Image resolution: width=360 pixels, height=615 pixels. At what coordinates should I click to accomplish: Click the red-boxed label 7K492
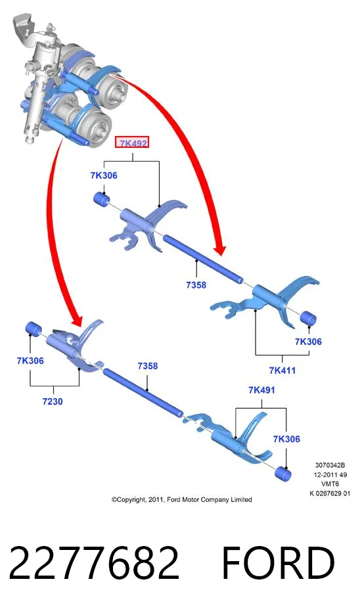pos(132,143)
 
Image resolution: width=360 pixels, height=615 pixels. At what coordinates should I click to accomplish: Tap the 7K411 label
pos(282,370)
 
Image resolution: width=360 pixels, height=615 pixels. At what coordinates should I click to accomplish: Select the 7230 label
pos(53,401)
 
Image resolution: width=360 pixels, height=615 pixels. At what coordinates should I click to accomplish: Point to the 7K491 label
pos(261,390)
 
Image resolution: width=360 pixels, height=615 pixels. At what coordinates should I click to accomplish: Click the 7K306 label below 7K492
pos(104,175)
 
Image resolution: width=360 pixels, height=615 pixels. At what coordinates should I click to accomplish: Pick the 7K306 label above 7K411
pos(308,341)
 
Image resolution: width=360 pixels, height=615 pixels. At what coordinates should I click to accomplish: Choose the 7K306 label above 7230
pos(30,361)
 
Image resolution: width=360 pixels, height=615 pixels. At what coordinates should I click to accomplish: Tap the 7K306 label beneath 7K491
pos(286,439)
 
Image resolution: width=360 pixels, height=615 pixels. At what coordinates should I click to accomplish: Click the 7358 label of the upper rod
pos(196,285)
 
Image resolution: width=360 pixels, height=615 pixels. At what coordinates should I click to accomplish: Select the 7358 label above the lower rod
pos(147,366)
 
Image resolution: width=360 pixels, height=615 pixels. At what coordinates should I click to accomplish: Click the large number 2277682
pos(94,563)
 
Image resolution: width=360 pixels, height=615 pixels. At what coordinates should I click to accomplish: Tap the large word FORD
pos(279,563)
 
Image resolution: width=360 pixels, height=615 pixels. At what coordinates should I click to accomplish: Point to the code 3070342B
pos(330,465)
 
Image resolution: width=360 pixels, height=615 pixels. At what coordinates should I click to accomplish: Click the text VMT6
pos(330,484)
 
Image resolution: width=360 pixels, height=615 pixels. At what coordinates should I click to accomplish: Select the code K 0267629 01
pos(330,493)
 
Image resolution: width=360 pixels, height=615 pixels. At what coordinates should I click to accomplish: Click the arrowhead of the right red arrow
pos(219,250)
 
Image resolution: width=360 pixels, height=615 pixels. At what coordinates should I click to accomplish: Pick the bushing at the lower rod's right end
pos(282,474)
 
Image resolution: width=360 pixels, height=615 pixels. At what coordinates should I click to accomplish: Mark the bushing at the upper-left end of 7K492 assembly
pos(102,199)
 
